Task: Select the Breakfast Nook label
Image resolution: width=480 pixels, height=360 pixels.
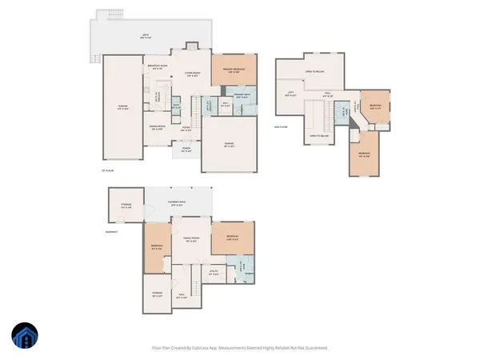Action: pyautogui.click(x=157, y=67)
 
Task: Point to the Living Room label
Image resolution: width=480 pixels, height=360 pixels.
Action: pyautogui.click(x=192, y=74)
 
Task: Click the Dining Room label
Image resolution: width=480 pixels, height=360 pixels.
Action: pyautogui.click(x=157, y=126)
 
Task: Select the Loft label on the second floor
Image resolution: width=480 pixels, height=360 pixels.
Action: pyautogui.click(x=290, y=94)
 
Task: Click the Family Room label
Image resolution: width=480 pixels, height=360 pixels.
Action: pyautogui.click(x=191, y=239)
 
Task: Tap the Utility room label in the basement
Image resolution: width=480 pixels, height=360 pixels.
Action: pyautogui.click(x=214, y=272)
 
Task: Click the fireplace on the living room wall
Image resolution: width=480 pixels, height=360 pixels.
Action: pyautogui.click(x=190, y=46)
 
